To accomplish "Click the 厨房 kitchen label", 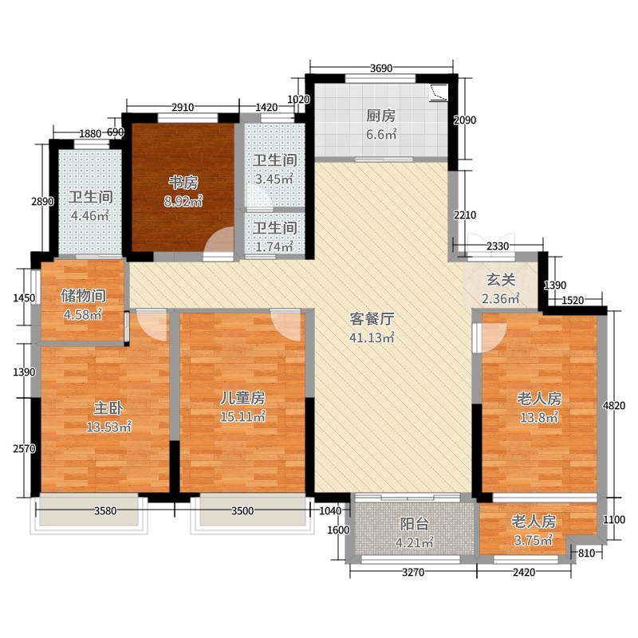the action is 381,116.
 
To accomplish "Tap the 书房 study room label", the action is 183,183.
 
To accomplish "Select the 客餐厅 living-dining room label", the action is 372,319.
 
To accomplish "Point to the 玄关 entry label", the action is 501,280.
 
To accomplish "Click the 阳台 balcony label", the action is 414,524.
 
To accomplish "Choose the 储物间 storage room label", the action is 84,296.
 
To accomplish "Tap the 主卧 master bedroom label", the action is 108,408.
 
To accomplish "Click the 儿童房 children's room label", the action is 242,397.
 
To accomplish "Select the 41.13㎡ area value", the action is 372,337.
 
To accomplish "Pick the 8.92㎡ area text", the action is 183,201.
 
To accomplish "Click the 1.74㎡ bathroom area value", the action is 274,246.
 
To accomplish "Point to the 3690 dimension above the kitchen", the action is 381,68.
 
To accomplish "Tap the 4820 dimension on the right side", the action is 614,405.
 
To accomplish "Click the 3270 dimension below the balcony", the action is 413,573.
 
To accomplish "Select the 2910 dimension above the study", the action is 183,108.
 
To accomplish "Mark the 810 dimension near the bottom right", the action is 587,553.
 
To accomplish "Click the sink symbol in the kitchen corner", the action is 439,92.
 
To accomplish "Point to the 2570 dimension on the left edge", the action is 25,448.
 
